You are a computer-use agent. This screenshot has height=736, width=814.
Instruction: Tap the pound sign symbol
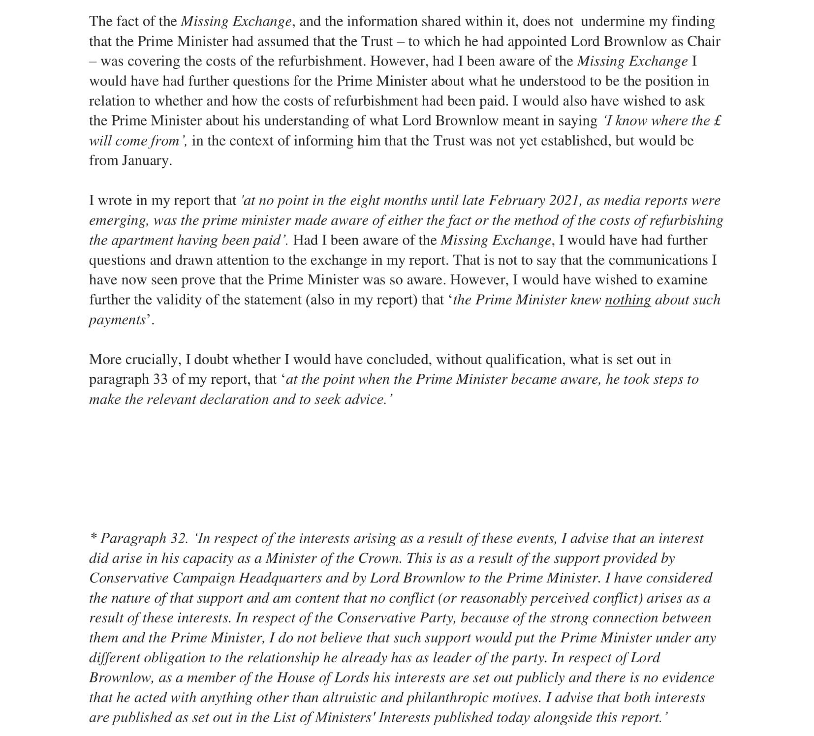click(x=717, y=121)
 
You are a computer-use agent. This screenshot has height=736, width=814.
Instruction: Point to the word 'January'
click(x=145, y=161)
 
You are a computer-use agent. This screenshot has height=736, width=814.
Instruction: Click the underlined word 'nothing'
click(x=627, y=300)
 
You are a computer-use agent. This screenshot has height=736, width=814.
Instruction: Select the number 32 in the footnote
click(x=178, y=539)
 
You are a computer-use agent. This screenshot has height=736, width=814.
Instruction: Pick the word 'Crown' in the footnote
click(x=379, y=558)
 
